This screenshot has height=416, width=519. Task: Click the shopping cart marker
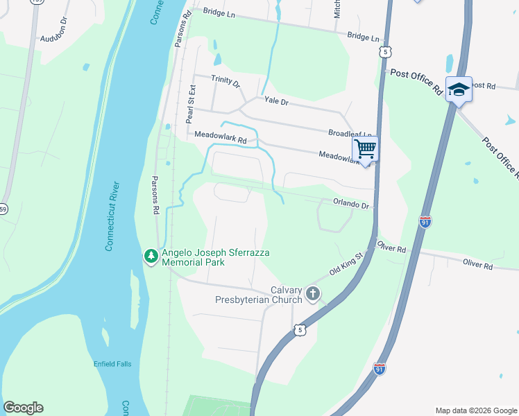[365, 148]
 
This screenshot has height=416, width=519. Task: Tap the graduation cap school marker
[459, 89]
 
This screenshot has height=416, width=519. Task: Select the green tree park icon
[151, 257]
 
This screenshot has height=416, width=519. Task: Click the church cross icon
[313, 294]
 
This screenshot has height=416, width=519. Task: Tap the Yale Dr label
[275, 101]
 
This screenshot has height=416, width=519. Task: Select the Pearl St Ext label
[192, 104]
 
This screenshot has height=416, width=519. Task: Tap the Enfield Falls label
[112, 364]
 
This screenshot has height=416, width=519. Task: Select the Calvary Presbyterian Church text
[268, 295]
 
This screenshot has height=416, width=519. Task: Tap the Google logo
[23, 408]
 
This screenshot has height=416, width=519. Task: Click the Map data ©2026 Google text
[475, 410]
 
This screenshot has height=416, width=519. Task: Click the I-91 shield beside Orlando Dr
[425, 221]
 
